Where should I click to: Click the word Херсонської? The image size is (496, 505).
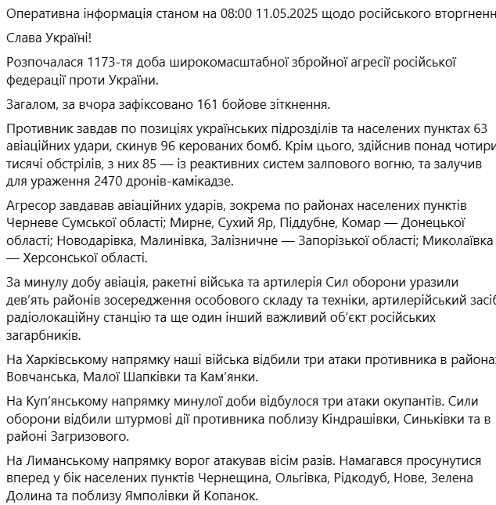point(66,258)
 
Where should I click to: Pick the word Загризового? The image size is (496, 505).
point(84,436)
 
